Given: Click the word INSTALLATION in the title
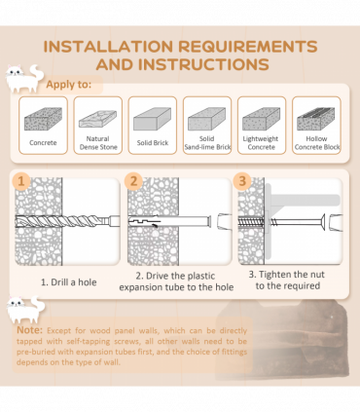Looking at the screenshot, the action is [108, 47].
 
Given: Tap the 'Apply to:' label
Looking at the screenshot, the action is [68, 85].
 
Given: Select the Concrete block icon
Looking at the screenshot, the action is [43, 119].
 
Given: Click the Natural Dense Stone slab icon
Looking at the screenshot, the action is [97, 119].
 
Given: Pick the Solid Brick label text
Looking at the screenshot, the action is [153, 143].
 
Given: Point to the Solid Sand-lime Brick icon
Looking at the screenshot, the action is [207, 119].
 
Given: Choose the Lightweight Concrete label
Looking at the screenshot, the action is [261, 143].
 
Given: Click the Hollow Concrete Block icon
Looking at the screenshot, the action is [316, 119].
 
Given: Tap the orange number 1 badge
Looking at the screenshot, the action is [21, 181].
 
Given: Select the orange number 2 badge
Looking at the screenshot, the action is [133, 181].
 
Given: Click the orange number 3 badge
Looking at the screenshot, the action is [242, 181].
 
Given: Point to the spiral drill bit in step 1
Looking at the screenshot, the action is [63, 221].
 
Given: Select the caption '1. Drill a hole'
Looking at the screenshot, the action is [69, 282].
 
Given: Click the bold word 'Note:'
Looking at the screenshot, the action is [29, 330].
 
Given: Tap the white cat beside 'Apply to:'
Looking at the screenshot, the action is [24, 78].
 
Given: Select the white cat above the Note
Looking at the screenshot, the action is [26, 310].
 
